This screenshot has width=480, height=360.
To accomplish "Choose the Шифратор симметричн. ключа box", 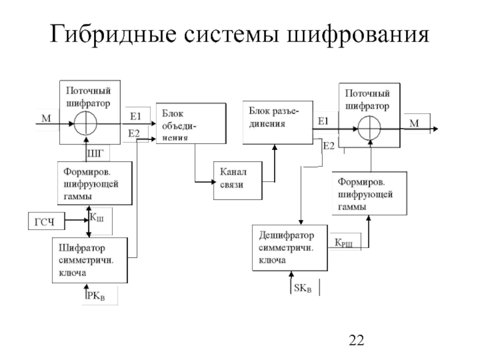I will click(91, 260).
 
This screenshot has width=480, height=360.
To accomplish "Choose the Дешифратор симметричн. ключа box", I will click(290, 247).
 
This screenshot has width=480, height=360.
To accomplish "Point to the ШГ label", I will click(95, 154).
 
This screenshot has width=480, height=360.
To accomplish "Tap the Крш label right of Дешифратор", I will click(344, 242).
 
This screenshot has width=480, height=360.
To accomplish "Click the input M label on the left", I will click(46, 118).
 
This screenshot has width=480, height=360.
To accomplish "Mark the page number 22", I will click(356, 342).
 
